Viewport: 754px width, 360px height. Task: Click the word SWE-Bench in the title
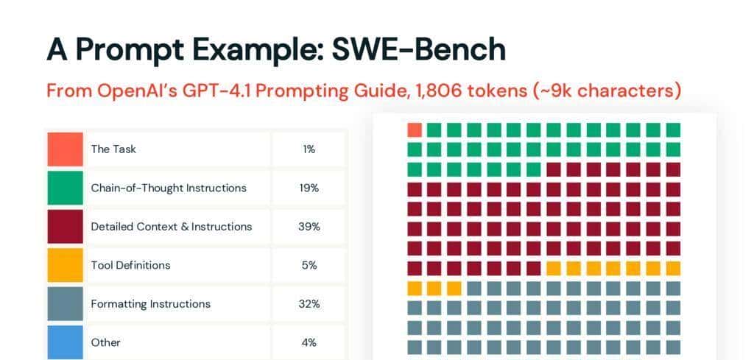pyautogui.click(x=418, y=49)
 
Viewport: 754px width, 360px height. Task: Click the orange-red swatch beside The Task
pyautogui.click(x=65, y=149)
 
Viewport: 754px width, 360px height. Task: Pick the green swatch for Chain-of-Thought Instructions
pyautogui.click(x=65, y=188)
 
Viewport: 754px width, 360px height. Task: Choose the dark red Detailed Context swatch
pyautogui.click(x=65, y=227)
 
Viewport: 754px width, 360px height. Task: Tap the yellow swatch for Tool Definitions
pyautogui.click(x=65, y=265)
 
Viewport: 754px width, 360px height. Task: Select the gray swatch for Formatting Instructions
pyautogui.click(x=65, y=304)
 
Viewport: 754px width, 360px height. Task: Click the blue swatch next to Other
pyautogui.click(x=65, y=342)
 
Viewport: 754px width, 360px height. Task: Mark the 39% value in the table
pyautogui.click(x=309, y=227)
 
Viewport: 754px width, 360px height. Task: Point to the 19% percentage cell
pyautogui.click(x=309, y=188)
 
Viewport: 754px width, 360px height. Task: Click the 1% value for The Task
pyautogui.click(x=309, y=149)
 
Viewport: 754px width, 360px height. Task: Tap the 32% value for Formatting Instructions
pyautogui.click(x=309, y=304)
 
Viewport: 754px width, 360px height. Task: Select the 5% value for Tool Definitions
pyautogui.click(x=309, y=265)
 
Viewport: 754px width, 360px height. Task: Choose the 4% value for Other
pyautogui.click(x=309, y=342)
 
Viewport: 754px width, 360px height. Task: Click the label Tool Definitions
pyautogui.click(x=130, y=265)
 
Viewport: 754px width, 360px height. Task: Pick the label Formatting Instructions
pyautogui.click(x=150, y=304)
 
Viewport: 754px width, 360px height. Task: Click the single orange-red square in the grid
pyautogui.click(x=415, y=130)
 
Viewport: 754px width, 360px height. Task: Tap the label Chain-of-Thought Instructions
pyautogui.click(x=169, y=188)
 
